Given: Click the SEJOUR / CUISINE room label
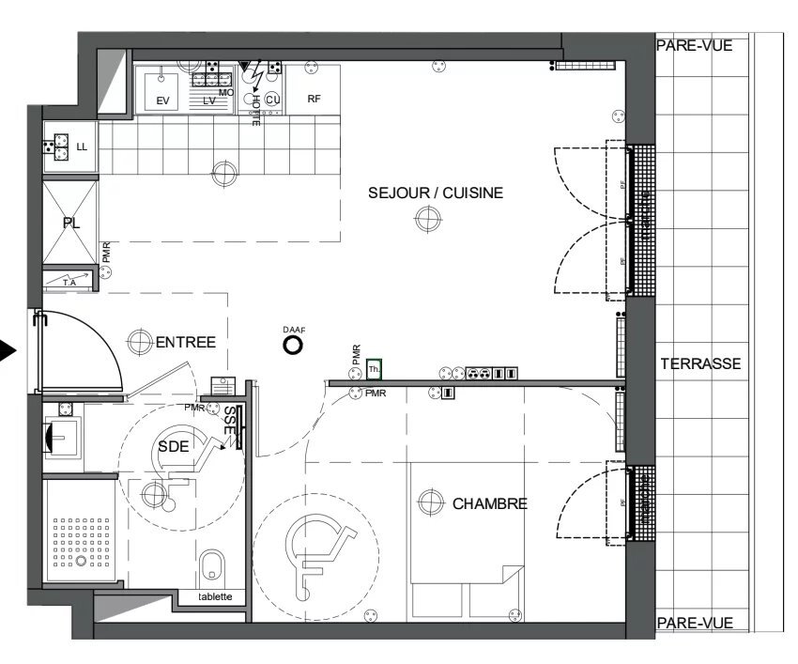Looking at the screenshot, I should coord(435,193).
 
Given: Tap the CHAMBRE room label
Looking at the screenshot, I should coord(489,503).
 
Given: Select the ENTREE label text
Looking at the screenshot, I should coord(185,343).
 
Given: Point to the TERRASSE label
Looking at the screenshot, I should coord(700,363).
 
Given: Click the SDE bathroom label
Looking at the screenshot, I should coord(173,447).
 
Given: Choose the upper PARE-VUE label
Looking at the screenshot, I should coord(693,44).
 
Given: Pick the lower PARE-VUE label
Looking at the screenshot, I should coord(693,623).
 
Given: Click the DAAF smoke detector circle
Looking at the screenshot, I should coord(294,346).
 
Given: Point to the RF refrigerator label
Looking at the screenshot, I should coord(315,99).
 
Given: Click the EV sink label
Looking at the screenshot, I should coord(162,100).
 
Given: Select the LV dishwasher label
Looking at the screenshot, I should coord(209,100).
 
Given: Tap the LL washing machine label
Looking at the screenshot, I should coord(81,147).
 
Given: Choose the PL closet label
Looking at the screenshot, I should coord(70,223).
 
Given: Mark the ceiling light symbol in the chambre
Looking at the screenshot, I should coord(430,502).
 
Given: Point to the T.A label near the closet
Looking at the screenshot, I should coord(69,282).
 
